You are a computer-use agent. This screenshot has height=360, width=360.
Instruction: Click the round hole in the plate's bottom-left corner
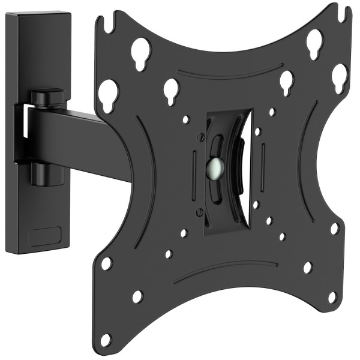tap(106, 340)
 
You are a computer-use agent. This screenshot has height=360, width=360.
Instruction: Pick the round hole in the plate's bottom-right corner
tap(332, 297)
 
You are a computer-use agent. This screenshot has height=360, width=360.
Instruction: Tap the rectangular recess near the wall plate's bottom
tap(45, 235)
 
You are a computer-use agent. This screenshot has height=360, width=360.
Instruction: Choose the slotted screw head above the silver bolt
tap(201, 137)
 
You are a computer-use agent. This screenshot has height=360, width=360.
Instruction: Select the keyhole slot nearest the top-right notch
tap(314, 42)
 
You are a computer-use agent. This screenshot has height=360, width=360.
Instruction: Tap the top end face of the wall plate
tap(38, 14)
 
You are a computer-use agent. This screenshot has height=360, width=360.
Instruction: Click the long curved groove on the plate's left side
tap(144, 180)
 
